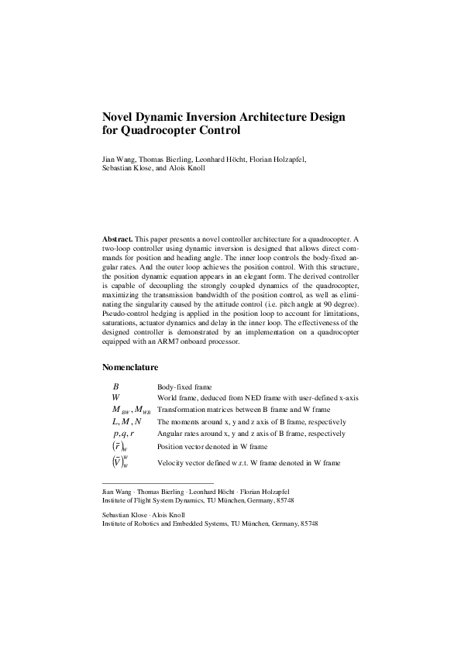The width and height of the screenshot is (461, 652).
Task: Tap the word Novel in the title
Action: tap(122, 117)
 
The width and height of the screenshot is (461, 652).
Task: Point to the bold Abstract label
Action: tap(118, 241)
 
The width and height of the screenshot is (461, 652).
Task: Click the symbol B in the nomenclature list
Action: tap(115, 386)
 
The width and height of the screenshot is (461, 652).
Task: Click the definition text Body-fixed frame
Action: tap(185, 386)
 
